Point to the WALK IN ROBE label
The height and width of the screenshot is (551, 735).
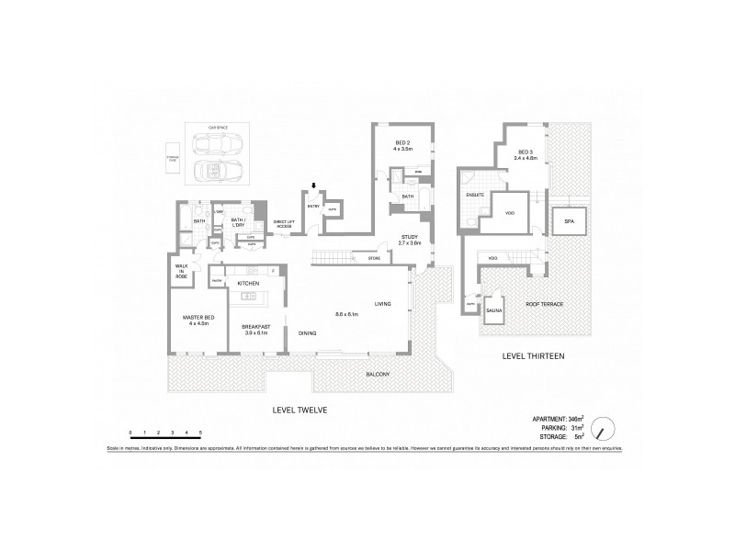(x=181, y=271)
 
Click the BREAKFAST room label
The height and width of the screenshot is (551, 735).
(x=255, y=328)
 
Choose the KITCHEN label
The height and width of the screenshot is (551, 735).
(x=249, y=284)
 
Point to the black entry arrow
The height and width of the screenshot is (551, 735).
(x=314, y=186)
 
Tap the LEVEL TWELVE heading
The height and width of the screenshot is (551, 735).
(x=295, y=410)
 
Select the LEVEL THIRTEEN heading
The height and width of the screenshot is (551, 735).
(x=533, y=354)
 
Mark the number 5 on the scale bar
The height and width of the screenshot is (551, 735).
(x=200, y=431)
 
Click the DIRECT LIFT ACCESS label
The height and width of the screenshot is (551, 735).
(x=283, y=224)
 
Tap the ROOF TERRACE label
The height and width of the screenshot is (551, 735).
(x=544, y=304)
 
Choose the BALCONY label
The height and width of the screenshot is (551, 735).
(x=377, y=374)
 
